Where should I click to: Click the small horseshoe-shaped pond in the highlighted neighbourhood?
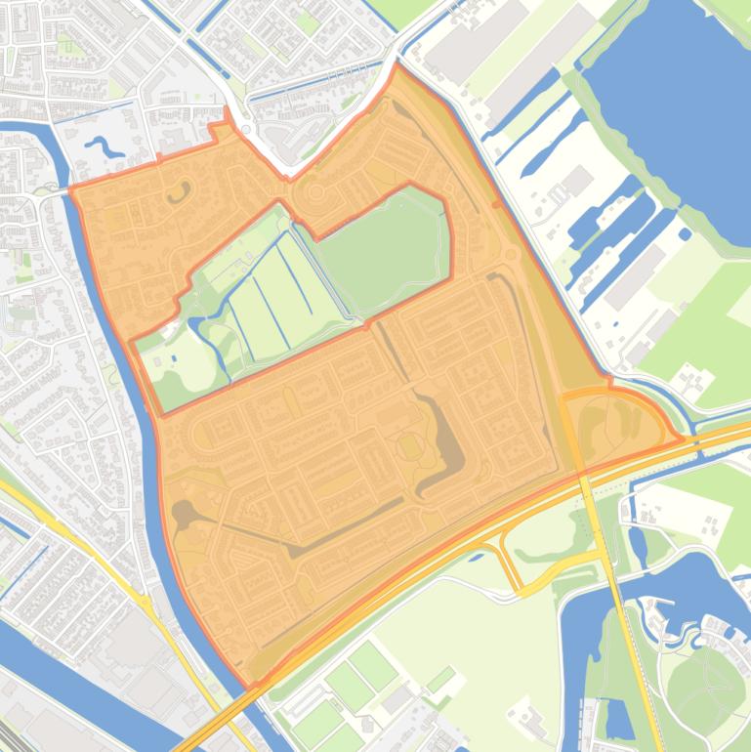(178, 191)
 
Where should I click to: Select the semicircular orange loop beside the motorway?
(615, 420)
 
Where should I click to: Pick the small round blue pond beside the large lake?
(685, 234)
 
